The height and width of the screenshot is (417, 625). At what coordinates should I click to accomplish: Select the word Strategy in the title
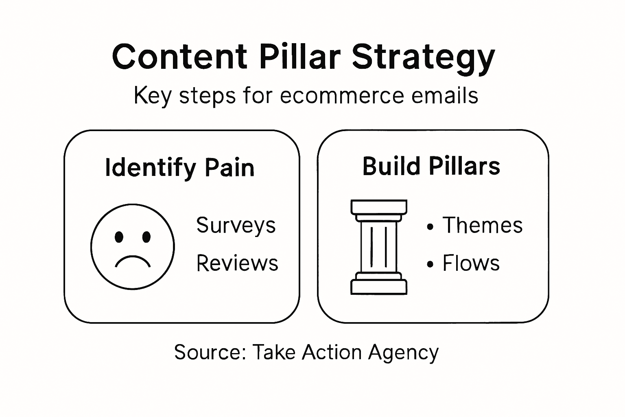tap(423, 57)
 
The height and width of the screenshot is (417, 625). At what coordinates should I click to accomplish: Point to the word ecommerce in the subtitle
tap(342, 96)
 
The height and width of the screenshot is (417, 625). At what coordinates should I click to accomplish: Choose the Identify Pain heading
tap(179, 167)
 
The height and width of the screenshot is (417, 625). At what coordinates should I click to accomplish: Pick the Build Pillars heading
tap(431, 166)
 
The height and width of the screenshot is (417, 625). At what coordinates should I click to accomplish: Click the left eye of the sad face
tap(119, 237)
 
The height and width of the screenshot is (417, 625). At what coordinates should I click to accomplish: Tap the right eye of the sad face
tap(146, 237)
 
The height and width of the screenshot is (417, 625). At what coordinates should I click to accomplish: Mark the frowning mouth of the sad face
tap(133, 261)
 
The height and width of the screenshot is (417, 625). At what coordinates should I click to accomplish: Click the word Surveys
tap(236, 225)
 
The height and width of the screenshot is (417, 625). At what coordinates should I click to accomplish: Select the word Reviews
tap(237, 263)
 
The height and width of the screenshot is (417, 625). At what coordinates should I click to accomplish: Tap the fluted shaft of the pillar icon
tap(378, 246)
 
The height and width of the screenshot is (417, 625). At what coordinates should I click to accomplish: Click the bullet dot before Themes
tap(430, 227)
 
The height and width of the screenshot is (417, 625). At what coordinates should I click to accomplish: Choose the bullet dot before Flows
tap(430, 265)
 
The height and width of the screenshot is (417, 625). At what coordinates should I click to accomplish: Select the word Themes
tap(483, 225)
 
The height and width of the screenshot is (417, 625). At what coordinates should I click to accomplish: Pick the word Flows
tap(471, 263)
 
